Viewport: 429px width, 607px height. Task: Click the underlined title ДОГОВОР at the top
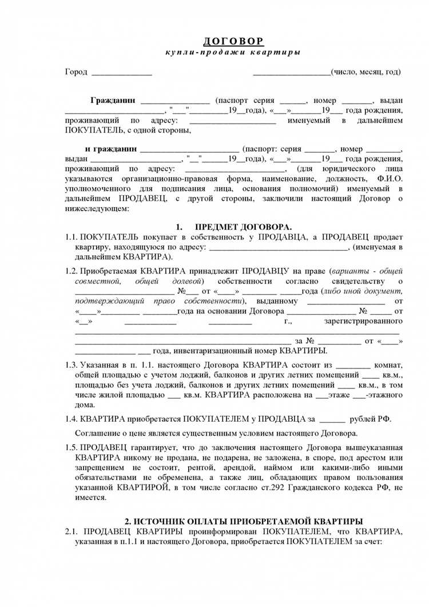234,42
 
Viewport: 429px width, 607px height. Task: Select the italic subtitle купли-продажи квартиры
233,52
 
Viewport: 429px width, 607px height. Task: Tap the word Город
76,72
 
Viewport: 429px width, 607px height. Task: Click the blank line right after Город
121,73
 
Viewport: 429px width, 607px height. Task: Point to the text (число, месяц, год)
366,72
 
